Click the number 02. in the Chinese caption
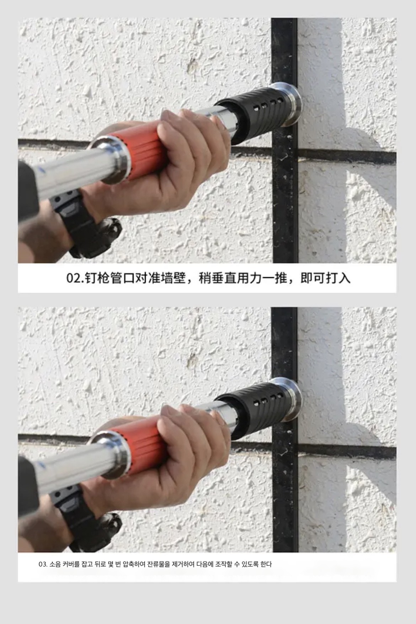75,278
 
